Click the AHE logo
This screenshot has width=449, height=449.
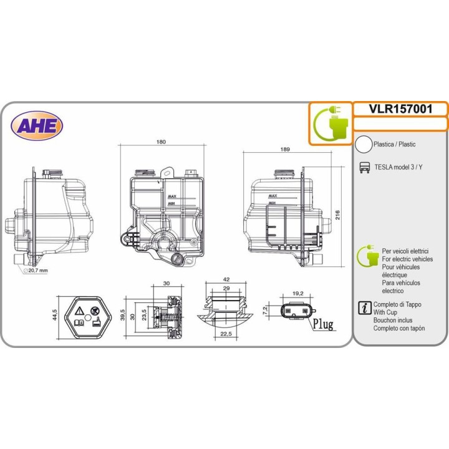coord(37,126)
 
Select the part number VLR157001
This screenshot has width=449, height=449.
coord(400,109)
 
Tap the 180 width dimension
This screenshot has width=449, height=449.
coord(161,142)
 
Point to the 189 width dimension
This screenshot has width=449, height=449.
coord(285,149)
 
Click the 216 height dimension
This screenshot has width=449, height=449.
coord(337,215)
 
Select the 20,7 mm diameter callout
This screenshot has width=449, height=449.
coord(36,270)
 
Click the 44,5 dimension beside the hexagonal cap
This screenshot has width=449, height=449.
coord(55,315)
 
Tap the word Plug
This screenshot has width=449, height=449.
coord(323,324)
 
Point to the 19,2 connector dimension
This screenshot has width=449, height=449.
coord(298,294)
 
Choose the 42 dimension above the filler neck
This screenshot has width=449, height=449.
coord(226,279)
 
